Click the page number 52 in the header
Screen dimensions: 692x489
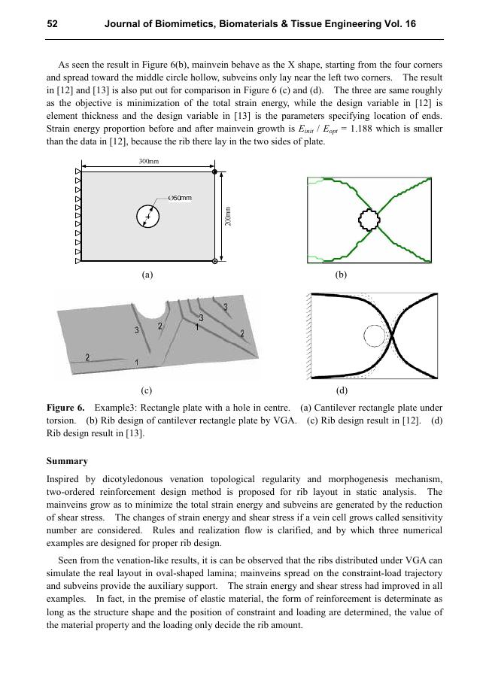(53, 24)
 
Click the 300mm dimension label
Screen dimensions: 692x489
(148, 162)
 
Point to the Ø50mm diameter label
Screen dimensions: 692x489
(181, 198)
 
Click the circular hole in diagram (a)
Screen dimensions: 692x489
(148, 217)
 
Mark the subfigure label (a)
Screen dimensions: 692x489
(147, 275)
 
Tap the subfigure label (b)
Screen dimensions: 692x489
(341, 275)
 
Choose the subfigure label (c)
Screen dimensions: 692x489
(147, 391)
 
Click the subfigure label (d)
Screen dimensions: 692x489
(342, 391)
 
